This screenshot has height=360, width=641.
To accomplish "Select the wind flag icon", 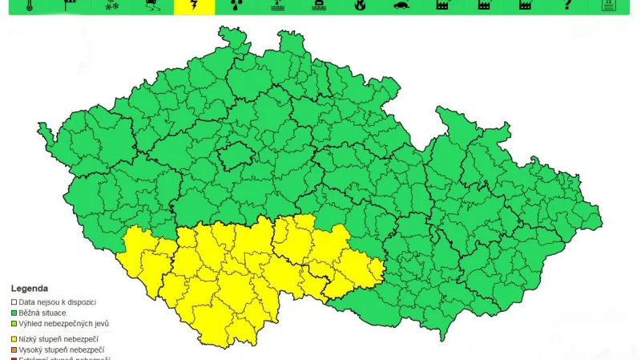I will pyautogui.click(x=69, y=5).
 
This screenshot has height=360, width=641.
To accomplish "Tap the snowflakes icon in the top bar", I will pyautogui.click(x=111, y=5).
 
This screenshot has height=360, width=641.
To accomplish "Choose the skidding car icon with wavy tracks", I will pyautogui.click(x=152, y=5).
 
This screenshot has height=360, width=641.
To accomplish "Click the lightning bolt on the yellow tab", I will pyautogui.click(x=194, y=6).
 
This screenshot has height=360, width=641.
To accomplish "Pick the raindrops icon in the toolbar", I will pyautogui.click(x=236, y=5).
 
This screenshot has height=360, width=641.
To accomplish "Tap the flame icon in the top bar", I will pyautogui.click(x=360, y=5).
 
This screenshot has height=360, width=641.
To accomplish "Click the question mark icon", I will pyautogui.click(x=568, y=5).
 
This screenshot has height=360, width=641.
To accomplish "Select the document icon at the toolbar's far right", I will pyautogui.click(x=609, y=5).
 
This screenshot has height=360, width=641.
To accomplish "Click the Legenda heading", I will pyautogui.click(x=30, y=289).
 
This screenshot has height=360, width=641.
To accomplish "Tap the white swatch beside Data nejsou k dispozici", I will pyautogui.click(x=14, y=302).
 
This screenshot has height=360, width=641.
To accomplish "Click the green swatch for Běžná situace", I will pyautogui.click(x=14, y=313).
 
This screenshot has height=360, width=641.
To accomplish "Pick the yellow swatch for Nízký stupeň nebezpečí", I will pyautogui.click(x=14, y=339).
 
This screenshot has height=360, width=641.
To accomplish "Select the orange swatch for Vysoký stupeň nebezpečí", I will pyautogui.click(x=14, y=350).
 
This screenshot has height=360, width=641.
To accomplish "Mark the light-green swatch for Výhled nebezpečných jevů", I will pyautogui.click(x=14, y=324).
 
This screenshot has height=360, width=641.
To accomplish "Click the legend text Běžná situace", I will pyautogui.click(x=42, y=313).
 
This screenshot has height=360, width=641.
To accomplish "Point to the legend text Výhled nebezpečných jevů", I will pyautogui.click(x=63, y=324).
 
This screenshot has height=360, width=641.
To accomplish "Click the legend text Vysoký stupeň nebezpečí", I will pyautogui.click(x=62, y=350).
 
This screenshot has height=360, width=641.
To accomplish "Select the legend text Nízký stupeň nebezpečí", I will pyautogui.click(x=59, y=339).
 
